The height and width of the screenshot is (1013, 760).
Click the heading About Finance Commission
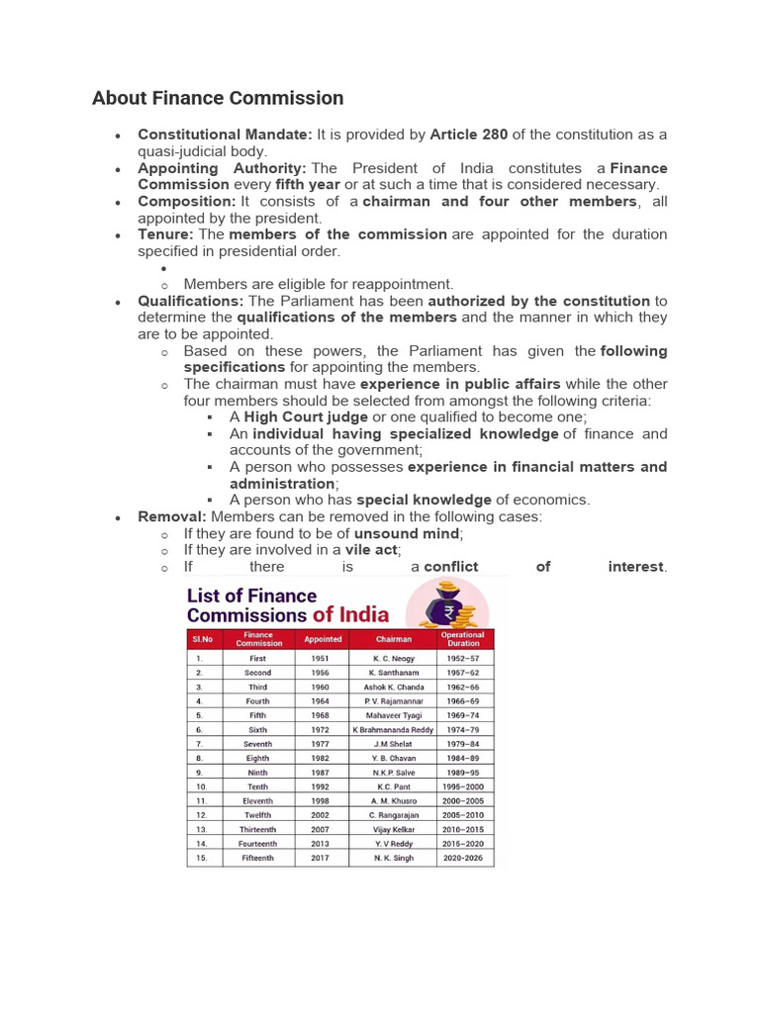(218, 98)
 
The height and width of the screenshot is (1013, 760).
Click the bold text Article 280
(468, 135)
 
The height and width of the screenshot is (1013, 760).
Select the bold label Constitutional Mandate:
(225, 135)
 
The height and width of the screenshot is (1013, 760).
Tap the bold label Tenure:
(165, 234)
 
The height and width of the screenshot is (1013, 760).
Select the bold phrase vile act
(371, 550)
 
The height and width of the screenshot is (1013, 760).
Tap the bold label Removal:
(172, 517)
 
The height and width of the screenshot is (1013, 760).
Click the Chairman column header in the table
(393, 639)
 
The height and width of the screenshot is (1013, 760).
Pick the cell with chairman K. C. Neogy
(393, 658)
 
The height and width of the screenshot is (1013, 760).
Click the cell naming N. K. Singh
(393, 858)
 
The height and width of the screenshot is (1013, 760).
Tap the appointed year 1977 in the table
(321, 744)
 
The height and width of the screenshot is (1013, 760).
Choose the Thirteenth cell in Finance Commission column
(257, 829)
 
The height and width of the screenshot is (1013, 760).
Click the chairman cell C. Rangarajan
(393, 815)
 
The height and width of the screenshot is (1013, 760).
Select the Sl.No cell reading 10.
(201, 786)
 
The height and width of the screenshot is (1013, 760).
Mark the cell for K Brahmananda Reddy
(393, 729)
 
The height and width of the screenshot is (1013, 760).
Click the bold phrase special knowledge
(424, 501)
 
